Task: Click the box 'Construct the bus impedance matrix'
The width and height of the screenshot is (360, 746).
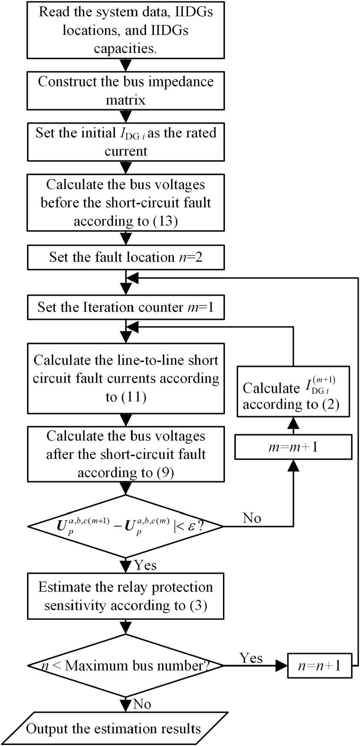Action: coord(126,90)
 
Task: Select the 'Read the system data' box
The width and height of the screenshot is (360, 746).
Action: coord(126,29)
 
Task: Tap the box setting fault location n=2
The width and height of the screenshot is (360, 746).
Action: coord(126,257)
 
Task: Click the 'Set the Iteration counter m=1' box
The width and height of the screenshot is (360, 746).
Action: coord(126,308)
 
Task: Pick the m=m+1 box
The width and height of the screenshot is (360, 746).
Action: coord(293,447)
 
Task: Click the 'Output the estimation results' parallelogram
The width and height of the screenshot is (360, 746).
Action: coord(114,729)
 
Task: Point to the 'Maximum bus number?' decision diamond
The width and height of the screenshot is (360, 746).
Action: coord(126,666)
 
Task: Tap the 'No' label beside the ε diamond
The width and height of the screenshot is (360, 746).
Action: coord(252,518)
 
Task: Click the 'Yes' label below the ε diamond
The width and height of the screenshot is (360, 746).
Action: coord(146,565)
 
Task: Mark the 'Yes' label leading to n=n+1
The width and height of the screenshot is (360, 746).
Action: coord(251,658)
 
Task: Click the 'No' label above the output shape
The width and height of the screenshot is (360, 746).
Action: coord(142,704)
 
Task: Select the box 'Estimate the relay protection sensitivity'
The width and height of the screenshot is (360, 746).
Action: coord(126,596)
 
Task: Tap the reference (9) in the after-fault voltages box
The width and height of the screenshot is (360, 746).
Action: coord(161,472)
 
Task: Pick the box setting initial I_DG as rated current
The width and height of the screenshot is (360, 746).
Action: coord(126,142)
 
